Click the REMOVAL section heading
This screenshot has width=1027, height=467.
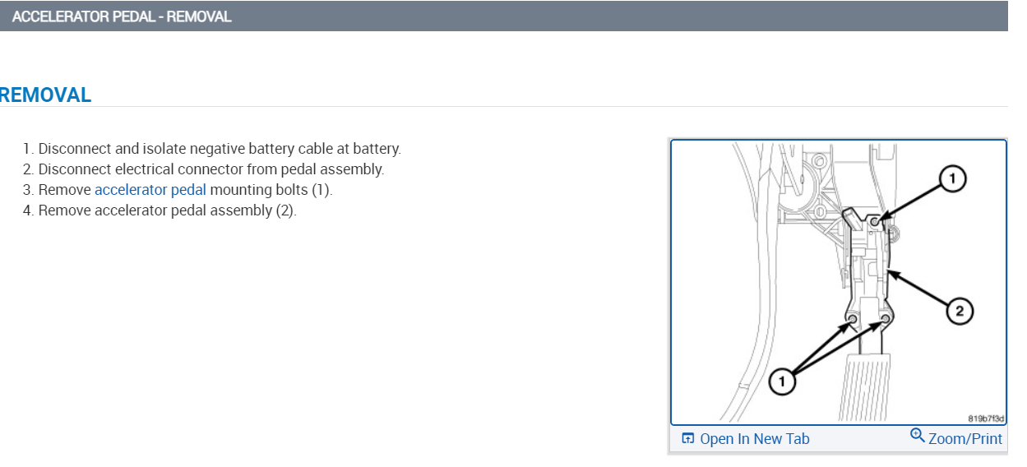45,95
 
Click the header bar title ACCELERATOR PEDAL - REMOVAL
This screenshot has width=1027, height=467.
122,16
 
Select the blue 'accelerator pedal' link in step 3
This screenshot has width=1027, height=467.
150,190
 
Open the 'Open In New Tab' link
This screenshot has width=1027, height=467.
754,439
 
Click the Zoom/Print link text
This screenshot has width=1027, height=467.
965,439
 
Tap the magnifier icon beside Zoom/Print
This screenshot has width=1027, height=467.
918,436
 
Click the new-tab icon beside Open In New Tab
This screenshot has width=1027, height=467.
688,439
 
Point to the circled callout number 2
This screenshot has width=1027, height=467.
959,311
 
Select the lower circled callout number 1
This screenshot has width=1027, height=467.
782,381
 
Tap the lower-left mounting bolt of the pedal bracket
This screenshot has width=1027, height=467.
853,319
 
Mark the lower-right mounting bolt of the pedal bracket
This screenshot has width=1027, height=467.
886,319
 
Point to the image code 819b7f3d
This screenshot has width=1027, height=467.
987,418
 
